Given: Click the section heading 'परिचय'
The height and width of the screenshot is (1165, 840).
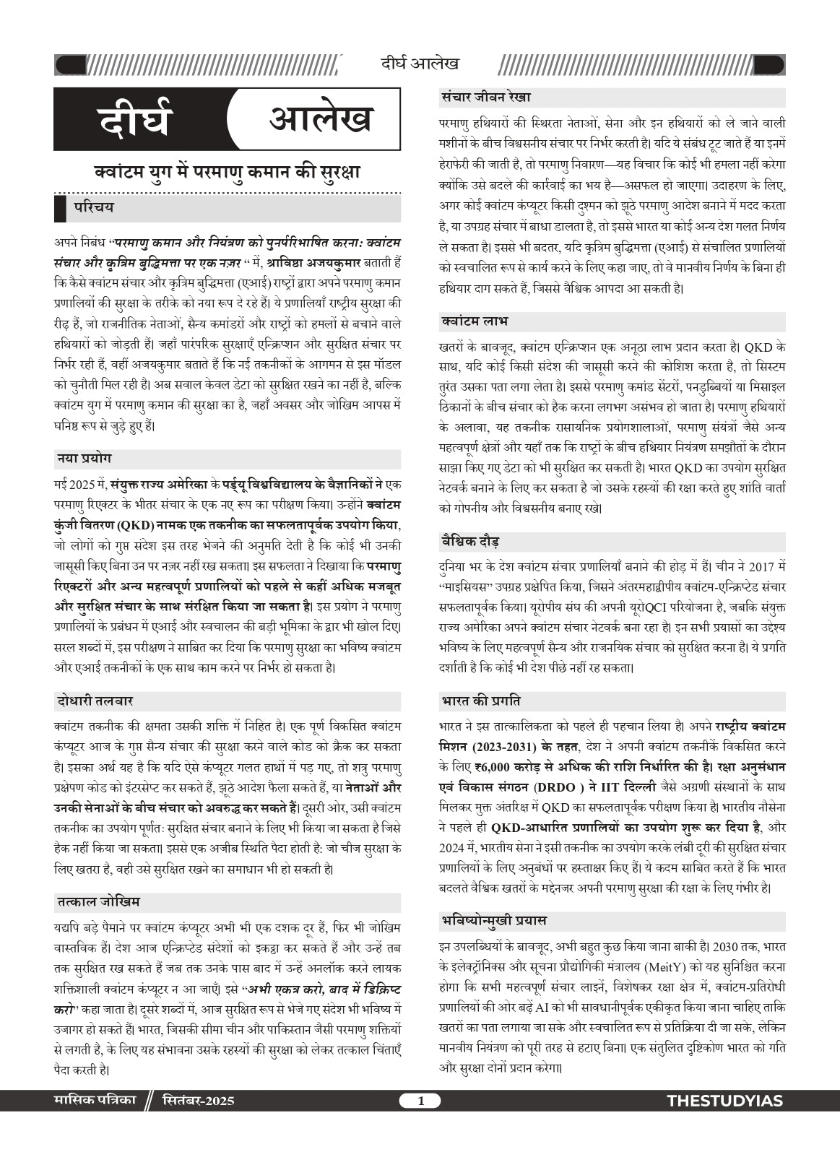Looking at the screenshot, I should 93,208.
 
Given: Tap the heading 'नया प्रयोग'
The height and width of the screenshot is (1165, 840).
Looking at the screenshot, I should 85,459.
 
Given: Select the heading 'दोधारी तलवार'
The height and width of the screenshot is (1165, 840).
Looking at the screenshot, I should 95,701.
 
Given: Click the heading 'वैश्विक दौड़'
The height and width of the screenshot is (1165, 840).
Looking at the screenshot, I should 470,541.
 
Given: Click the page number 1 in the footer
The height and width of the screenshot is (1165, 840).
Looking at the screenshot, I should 421,1101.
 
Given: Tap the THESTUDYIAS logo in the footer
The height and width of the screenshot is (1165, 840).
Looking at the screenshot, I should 725,1101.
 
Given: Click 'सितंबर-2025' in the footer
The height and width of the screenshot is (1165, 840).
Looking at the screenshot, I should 198,1101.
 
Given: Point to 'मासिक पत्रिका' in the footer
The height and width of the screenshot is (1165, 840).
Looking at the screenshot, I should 95,1101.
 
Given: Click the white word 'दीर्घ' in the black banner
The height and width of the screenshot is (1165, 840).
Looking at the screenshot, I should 136,120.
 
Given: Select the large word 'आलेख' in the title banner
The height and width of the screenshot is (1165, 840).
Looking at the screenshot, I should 320,118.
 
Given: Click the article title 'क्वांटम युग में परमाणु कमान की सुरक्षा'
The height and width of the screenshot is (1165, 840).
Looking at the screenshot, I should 227,173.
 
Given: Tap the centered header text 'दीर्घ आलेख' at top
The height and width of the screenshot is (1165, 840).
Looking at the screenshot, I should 420,64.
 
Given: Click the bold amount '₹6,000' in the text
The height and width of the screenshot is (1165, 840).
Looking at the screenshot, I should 492,766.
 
